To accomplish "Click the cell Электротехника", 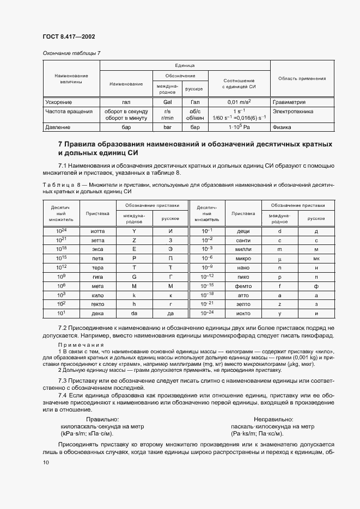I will click(x=292, y=111).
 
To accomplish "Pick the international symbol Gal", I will click(x=168, y=102).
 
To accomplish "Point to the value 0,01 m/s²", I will click(x=239, y=102).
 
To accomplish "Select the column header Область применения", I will click(x=302, y=78).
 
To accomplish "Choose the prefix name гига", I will click(x=97, y=277).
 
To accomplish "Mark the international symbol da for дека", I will click(x=133, y=314).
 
